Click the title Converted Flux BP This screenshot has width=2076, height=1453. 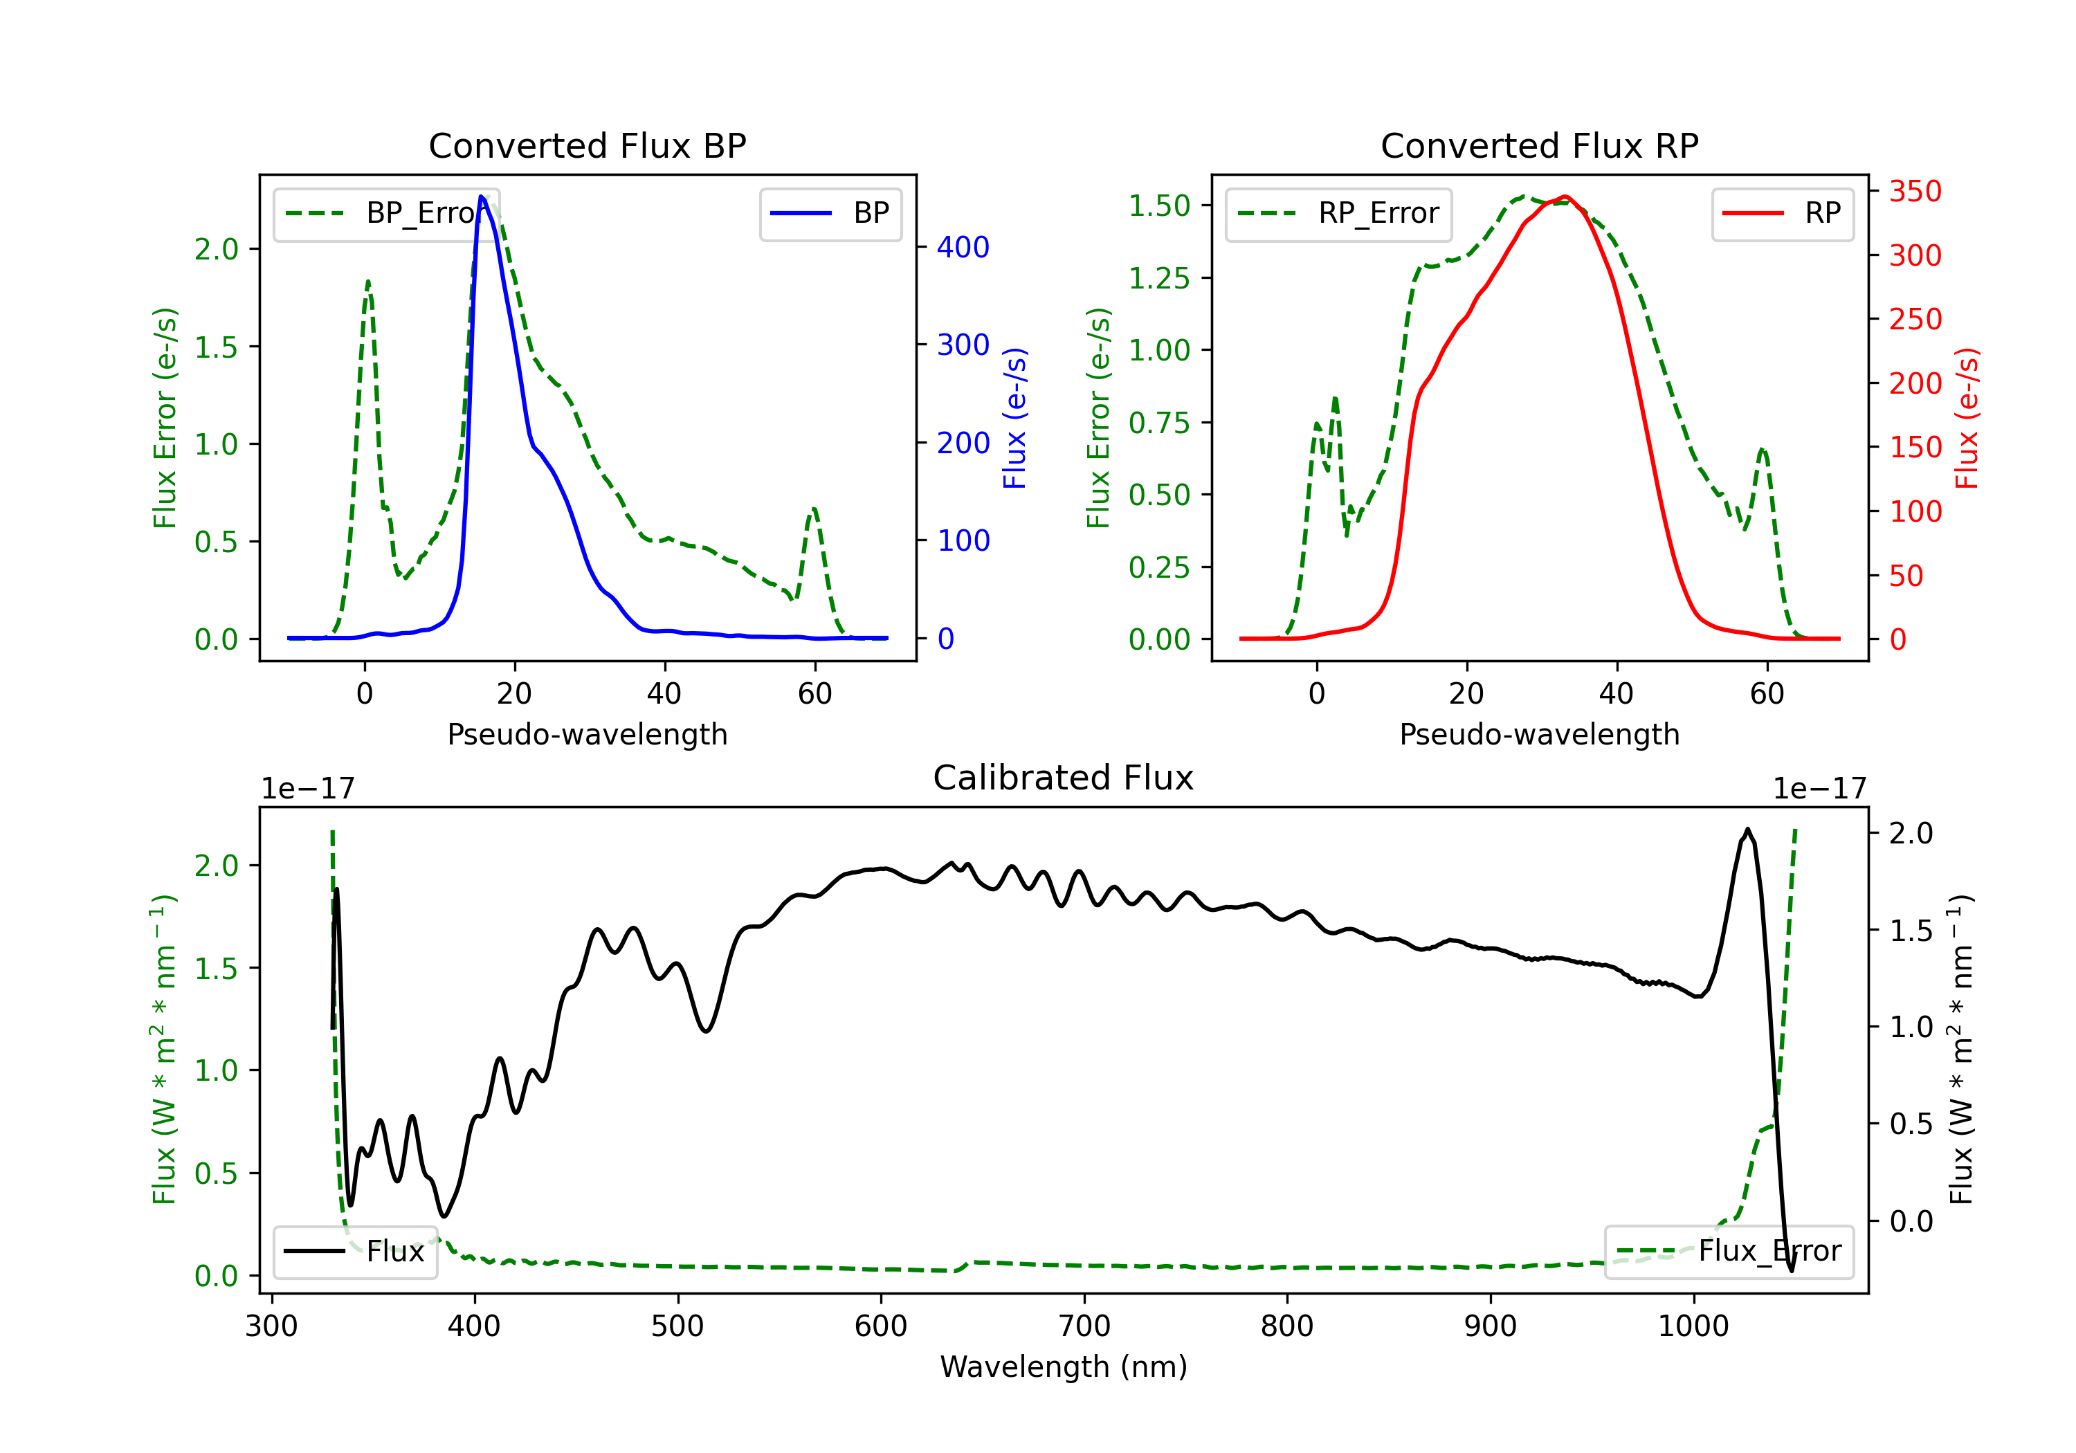coord(587,145)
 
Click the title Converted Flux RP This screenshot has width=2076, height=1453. coord(1539,145)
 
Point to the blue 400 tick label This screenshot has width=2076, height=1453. coord(963,247)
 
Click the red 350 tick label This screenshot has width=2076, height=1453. coord(1915,192)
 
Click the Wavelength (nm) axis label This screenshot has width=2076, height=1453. coord(1064,1367)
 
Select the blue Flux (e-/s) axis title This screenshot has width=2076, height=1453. coord(1014,418)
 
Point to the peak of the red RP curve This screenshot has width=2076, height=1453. coord(1565,197)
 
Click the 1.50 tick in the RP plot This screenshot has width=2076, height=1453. coord(1159,206)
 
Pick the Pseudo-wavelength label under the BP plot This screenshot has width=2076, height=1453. coord(587,734)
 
